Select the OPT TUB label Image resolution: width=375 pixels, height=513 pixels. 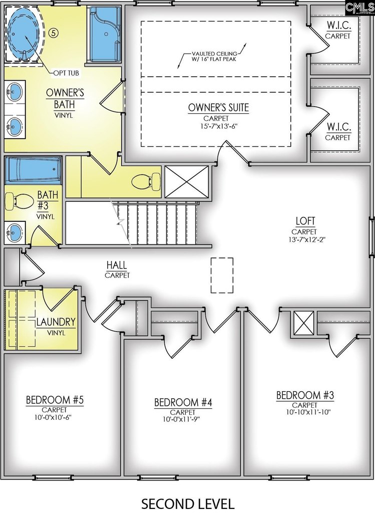click(x=66, y=73)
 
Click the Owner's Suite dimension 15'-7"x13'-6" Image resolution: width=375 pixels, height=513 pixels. click(x=218, y=126)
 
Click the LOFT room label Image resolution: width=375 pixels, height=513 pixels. click(x=305, y=221)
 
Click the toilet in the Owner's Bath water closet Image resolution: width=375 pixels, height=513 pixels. click(x=146, y=181)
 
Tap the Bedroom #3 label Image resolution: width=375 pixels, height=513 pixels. click(x=305, y=395)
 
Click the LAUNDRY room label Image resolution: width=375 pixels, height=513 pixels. click(x=56, y=322)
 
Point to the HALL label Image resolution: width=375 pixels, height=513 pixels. click(x=117, y=265)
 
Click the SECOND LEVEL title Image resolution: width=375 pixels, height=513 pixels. click(x=188, y=503)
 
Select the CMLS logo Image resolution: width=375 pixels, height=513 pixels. click(x=359, y=7)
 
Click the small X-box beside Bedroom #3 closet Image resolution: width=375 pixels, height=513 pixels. click(x=304, y=323)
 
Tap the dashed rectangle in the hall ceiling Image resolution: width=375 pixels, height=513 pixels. click(x=222, y=275)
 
